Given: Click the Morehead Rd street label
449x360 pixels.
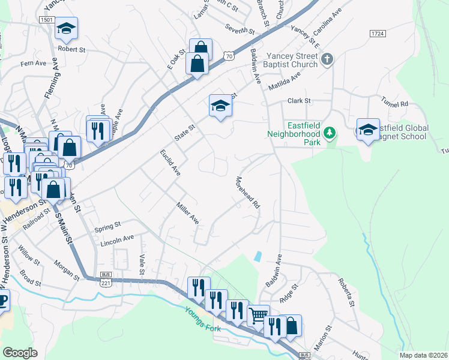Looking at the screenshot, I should pyautogui.click(x=247, y=192).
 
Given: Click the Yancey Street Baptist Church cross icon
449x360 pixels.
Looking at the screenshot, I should pyautogui.click(x=327, y=59).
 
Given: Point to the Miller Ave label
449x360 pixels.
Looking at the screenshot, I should pyautogui.click(x=187, y=212).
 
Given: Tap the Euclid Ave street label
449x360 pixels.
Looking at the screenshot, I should pyautogui.click(x=170, y=162).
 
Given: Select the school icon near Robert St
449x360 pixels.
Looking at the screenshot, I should pyautogui.click(x=66, y=28).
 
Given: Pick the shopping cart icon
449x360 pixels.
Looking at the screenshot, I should pyautogui.click(x=258, y=314).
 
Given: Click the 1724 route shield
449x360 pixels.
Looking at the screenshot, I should pyautogui.click(x=377, y=34).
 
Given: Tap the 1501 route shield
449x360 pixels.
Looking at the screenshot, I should pyautogui.click(x=47, y=20).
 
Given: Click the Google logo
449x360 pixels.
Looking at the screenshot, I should pyautogui.click(x=20, y=353).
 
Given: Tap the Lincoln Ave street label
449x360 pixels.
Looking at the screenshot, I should pyautogui.click(x=118, y=239).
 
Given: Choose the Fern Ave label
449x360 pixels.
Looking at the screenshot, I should pyautogui.click(x=33, y=63).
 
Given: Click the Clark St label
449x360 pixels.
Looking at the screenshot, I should pyautogui.click(x=298, y=101).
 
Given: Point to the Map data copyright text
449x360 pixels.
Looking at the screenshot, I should pyautogui.click(x=423, y=355).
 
